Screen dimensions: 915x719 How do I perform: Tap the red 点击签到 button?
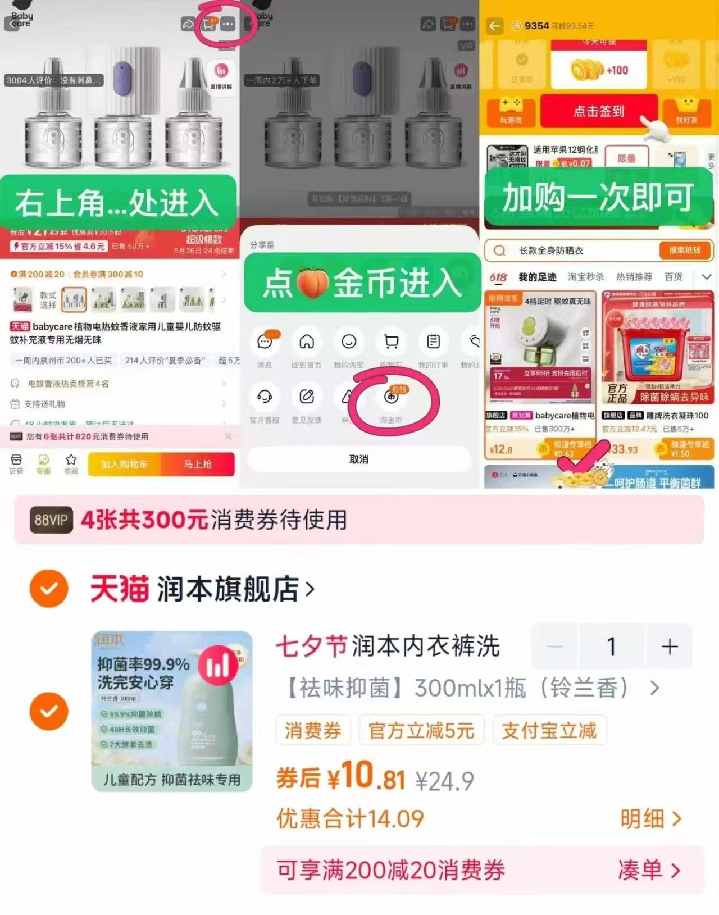[599, 111]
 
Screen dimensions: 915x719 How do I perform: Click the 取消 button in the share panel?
[359, 459]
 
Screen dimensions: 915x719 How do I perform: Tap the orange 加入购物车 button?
[124, 465]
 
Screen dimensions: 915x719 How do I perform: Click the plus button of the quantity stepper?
[669, 647]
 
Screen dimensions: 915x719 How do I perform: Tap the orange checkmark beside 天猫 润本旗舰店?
[49, 589]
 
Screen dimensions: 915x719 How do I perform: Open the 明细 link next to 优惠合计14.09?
[650, 819]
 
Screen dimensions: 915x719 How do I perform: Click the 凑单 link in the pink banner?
[649, 870]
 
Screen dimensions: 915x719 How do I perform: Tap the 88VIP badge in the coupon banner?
[51, 520]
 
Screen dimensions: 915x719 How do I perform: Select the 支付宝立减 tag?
[549, 731]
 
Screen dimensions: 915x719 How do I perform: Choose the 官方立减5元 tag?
[421, 731]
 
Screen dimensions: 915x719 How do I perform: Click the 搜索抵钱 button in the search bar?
[684, 251]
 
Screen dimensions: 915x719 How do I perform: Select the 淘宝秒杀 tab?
[585, 277]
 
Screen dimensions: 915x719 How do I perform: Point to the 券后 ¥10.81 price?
[340, 777]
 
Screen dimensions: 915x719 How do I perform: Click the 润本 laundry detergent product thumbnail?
[172, 711]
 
